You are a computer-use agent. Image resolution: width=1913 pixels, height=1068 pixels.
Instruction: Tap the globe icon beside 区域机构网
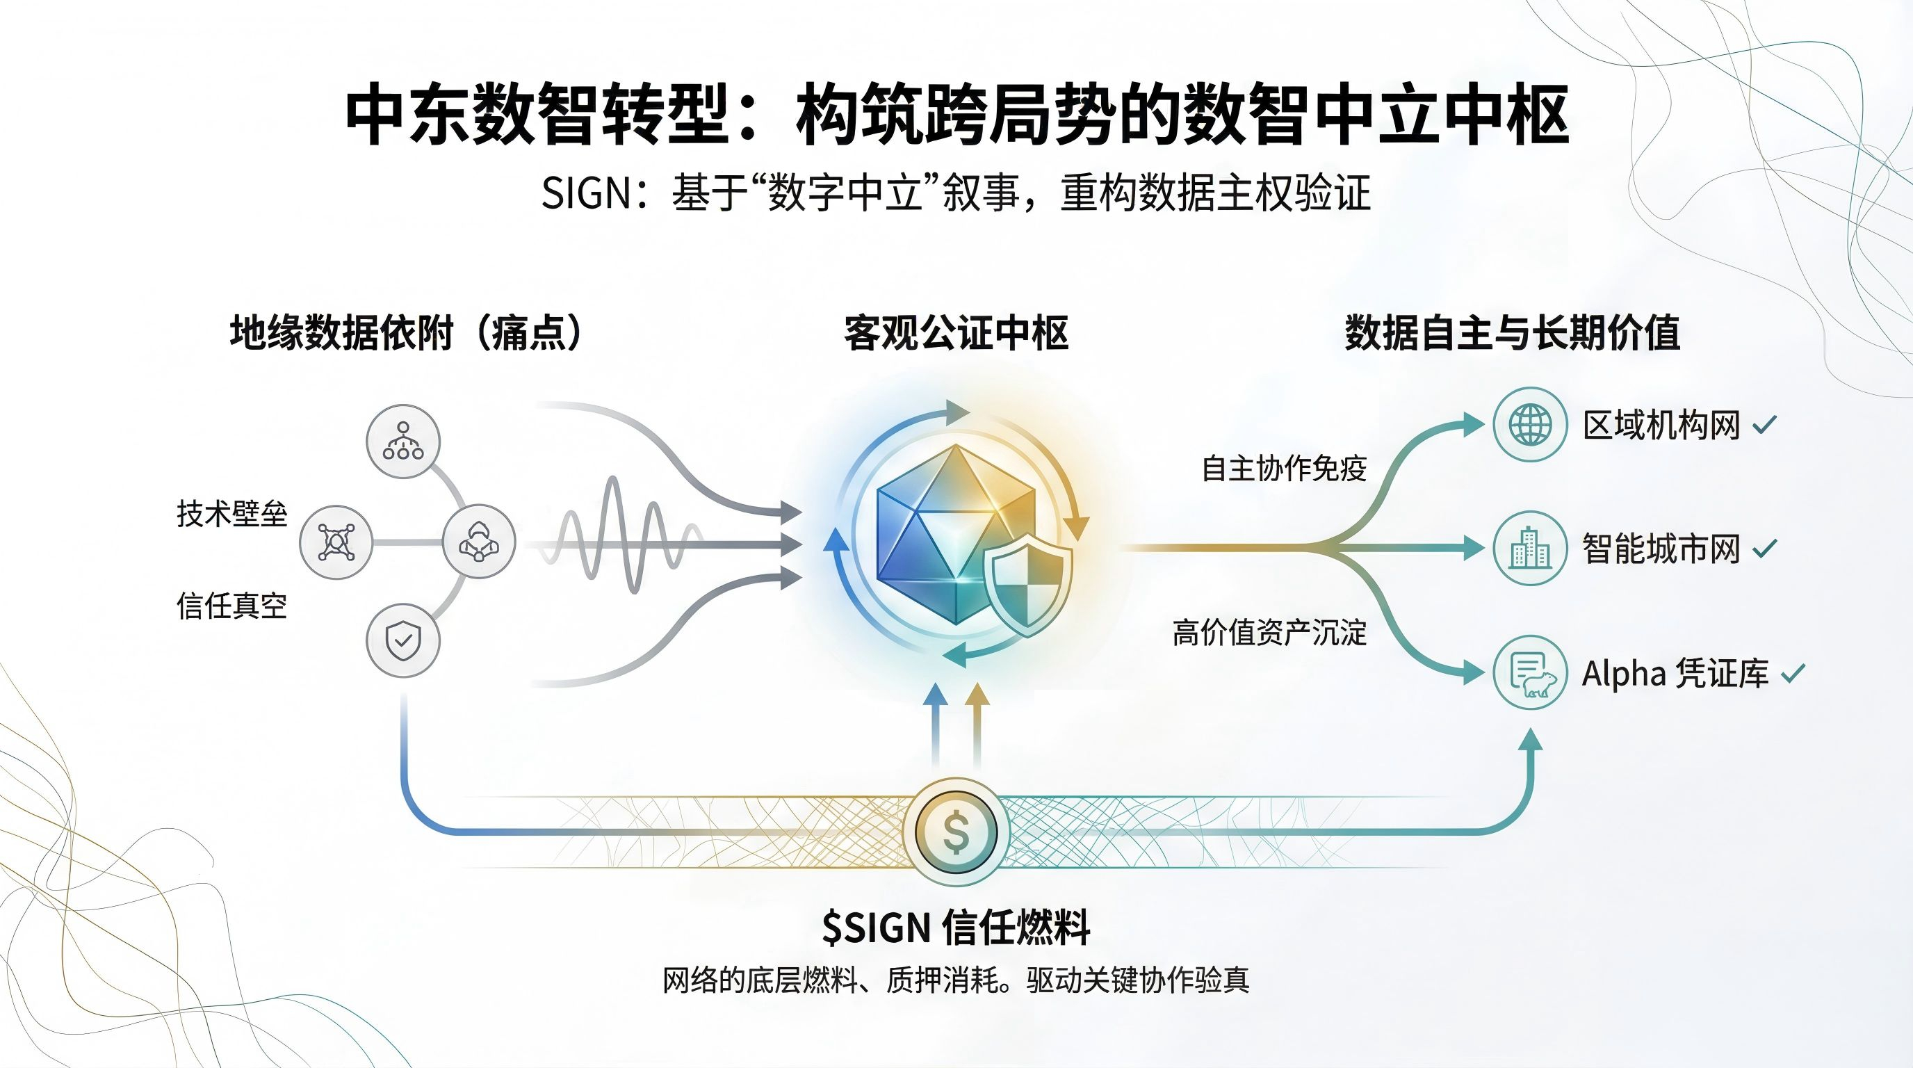click(x=1530, y=425)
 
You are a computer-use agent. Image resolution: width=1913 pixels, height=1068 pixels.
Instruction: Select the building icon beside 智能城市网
click(x=1530, y=548)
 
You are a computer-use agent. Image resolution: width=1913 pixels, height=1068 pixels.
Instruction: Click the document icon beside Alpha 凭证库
click(x=1530, y=673)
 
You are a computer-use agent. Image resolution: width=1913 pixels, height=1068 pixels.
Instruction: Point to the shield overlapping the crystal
click(x=1029, y=585)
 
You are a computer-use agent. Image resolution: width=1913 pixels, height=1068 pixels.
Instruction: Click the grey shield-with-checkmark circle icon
click(x=403, y=640)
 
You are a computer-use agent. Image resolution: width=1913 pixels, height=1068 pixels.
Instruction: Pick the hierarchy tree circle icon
click(x=403, y=441)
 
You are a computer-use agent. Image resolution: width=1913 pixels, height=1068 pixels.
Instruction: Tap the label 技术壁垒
click(x=231, y=514)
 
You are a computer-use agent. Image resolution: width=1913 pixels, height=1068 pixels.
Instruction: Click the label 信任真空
click(x=231, y=606)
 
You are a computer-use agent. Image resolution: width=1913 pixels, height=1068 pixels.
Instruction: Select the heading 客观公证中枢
click(x=956, y=333)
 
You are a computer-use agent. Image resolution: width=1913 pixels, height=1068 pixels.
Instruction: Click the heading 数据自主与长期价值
click(x=1513, y=333)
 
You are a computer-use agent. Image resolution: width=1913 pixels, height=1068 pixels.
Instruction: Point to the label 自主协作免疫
click(x=1284, y=469)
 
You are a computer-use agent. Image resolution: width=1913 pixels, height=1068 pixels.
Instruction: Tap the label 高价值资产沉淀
click(x=1269, y=633)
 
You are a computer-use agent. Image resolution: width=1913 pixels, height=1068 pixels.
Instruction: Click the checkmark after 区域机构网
click(x=1764, y=426)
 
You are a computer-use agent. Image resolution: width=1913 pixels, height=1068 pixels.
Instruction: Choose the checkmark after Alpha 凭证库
click(x=1793, y=674)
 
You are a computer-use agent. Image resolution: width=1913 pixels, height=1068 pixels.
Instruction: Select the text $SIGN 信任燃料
click(x=956, y=928)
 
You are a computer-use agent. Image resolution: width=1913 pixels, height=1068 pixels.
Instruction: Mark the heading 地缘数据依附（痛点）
click(x=407, y=333)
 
